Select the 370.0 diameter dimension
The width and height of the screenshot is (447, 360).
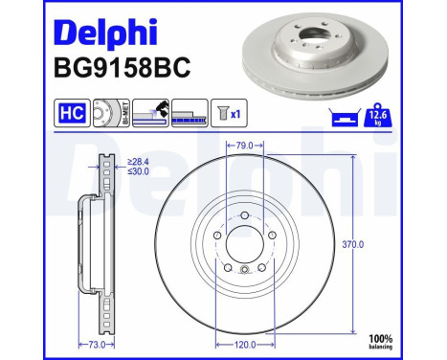point(353,244)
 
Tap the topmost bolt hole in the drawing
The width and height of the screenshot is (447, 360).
point(244,215)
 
